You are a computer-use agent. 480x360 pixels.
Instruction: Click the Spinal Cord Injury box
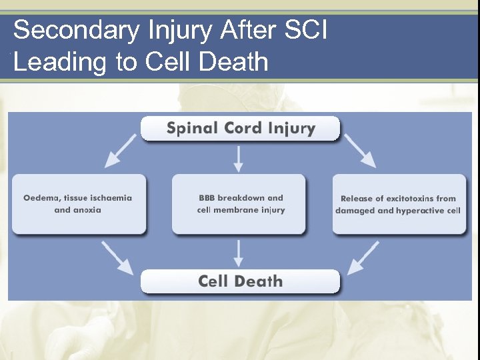point(240,128)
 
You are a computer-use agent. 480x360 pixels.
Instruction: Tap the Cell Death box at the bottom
point(240,281)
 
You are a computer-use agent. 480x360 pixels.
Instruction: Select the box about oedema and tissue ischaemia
point(78,204)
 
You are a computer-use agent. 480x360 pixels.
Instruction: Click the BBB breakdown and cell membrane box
point(239,204)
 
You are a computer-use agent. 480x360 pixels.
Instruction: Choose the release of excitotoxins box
point(399,204)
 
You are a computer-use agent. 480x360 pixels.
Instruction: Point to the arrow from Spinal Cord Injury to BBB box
point(239,157)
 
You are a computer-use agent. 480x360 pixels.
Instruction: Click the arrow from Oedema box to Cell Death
point(117,257)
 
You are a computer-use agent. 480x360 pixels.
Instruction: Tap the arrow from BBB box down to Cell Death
point(239,253)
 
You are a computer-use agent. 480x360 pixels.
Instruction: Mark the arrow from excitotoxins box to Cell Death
point(363,257)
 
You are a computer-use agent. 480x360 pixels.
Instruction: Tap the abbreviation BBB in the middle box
point(207,198)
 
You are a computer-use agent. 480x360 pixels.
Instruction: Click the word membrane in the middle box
point(239,210)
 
